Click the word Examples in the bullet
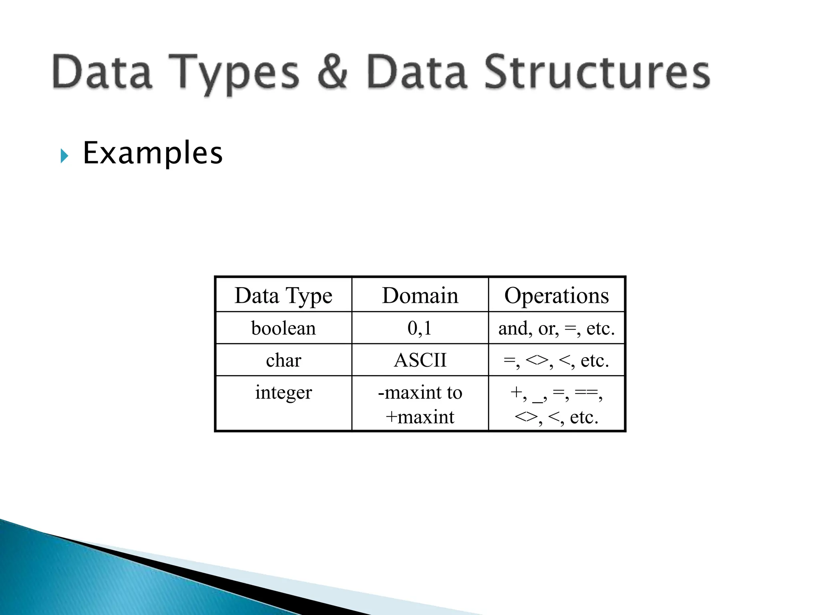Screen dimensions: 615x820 tap(152, 153)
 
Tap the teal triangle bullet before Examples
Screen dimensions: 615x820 tap(64, 156)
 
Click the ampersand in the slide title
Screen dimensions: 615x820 tap(332, 72)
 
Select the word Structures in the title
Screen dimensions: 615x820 tap(597, 72)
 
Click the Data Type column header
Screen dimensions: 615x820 tap(283, 296)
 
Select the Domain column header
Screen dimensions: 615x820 tap(420, 296)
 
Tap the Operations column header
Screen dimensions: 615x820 tap(557, 296)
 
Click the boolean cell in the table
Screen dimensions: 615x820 tap(283, 328)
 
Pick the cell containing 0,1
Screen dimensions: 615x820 tap(420, 328)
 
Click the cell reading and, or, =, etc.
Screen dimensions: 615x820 tap(557, 328)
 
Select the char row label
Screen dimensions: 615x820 tap(283, 360)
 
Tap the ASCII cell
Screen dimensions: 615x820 tap(420, 360)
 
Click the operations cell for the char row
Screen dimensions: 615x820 tap(557, 360)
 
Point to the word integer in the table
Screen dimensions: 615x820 tap(283, 392)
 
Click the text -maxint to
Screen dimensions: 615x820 tap(420, 392)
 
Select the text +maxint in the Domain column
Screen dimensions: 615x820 tap(420, 417)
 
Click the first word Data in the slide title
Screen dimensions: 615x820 tap(102, 72)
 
